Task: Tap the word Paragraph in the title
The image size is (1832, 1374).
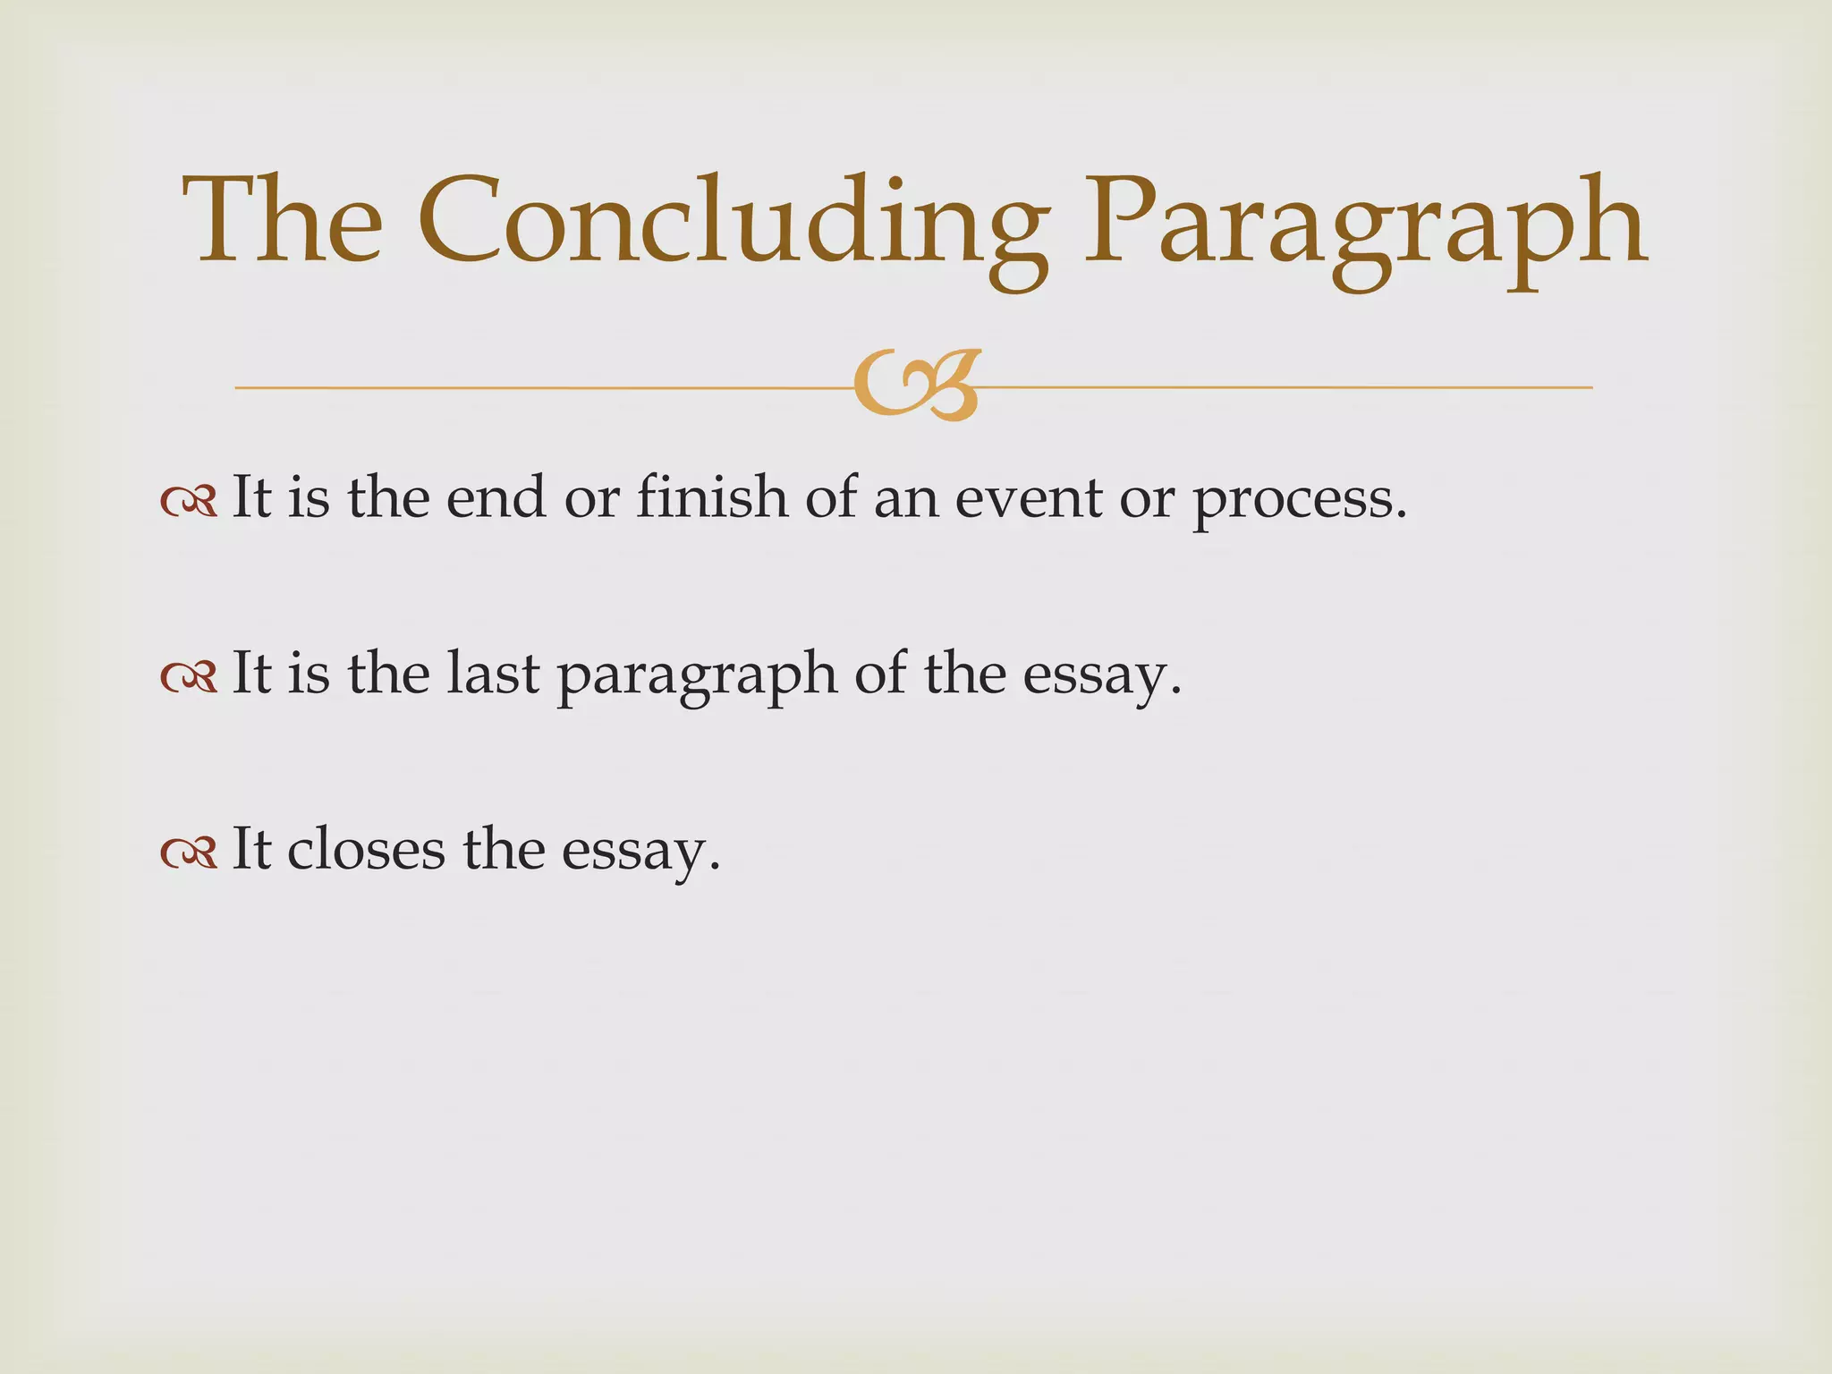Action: pyautogui.click(x=1363, y=224)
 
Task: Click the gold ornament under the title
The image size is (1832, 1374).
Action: pyautogui.click(x=916, y=386)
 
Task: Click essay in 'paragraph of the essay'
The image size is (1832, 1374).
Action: pyautogui.click(x=1095, y=677)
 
